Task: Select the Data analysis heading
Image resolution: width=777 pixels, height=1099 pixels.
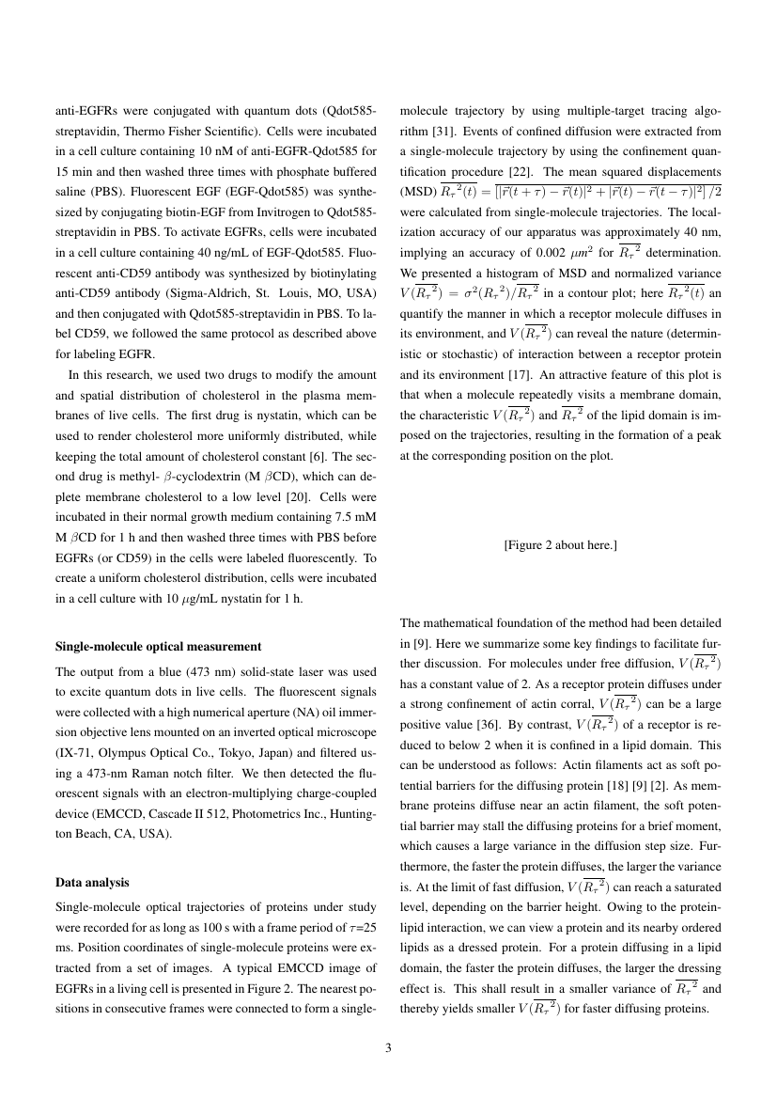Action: pyautogui.click(x=92, y=884)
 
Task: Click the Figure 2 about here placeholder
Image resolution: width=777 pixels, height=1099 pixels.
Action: pyautogui.click(x=560, y=544)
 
